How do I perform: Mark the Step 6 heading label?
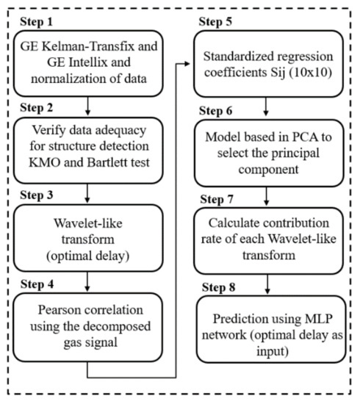coord(215,107)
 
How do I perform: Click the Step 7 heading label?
coord(215,195)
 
